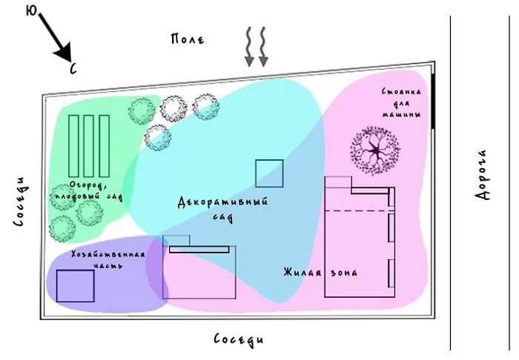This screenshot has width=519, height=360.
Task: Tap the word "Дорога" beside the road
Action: tap(483, 175)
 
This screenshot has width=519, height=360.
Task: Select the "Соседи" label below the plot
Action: tap(238, 339)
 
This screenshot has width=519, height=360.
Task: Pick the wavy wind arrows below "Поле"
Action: tap(256, 47)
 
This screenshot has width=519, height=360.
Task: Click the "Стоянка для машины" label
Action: tap(402, 104)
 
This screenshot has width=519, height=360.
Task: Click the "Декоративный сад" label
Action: tap(222, 208)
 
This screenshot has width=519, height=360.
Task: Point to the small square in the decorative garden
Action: tap(268, 173)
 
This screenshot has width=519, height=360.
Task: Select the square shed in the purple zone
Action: tap(75, 286)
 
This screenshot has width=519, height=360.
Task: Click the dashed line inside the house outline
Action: tap(357, 211)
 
